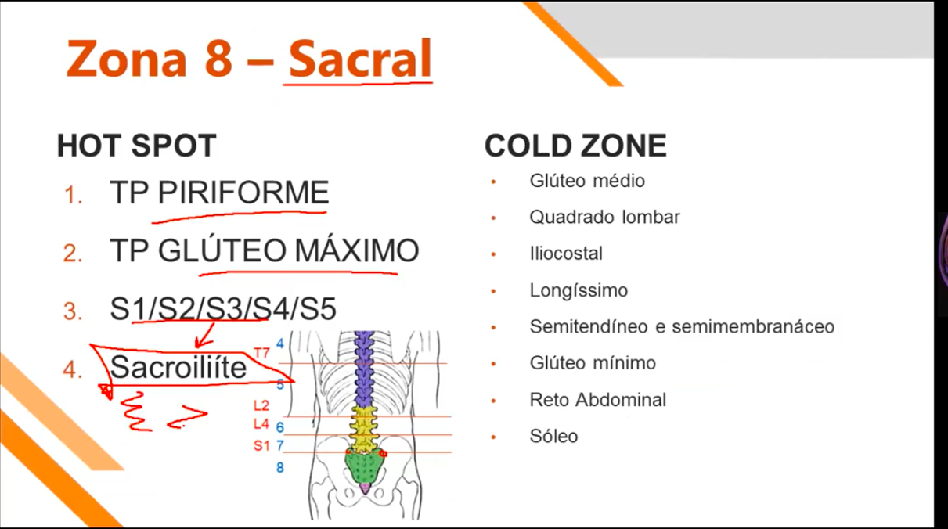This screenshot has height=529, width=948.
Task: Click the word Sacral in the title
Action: [360, 57]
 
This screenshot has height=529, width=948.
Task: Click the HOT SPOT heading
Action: [136, 146]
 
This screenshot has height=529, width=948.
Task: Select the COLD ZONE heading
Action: [575, 146]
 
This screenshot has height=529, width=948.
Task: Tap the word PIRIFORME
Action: [243, 193]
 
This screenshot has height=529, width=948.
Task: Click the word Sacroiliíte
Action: [178, 367]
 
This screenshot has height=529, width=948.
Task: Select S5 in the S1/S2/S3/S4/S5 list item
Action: [318, 310]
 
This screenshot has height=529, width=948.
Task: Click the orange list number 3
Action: [74, 311]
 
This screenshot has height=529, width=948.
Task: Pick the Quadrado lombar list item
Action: [604, 217]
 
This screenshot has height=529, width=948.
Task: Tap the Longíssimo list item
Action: [579, 291]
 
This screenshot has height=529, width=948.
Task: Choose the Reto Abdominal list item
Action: [597, 400]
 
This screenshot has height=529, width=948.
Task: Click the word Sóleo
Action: [553, 436]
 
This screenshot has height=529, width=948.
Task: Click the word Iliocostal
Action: [566, 254]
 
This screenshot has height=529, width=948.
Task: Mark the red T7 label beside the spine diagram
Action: [261, 353]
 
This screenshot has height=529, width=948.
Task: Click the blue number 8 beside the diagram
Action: [279, 468]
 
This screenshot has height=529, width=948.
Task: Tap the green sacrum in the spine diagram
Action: [364, 467]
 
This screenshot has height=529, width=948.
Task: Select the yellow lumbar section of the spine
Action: [363, 426]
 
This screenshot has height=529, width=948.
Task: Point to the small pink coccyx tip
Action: [365, 489]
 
